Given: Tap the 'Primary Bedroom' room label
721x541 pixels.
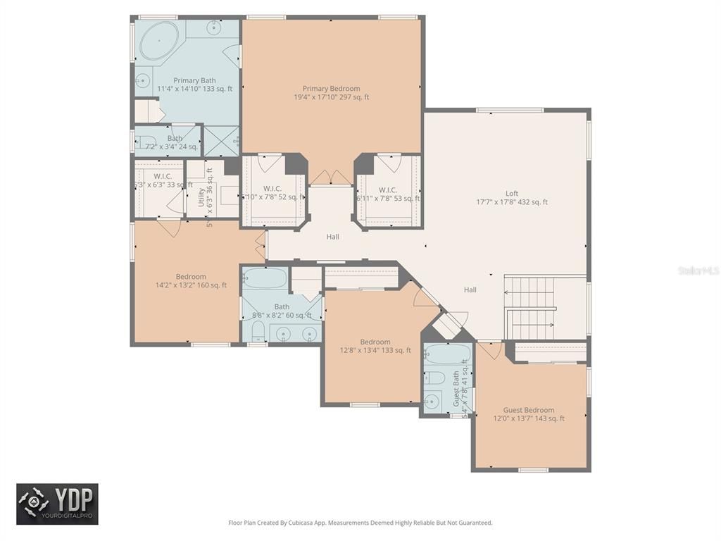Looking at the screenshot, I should point(331,89).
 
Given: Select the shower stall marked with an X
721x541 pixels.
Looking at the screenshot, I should point(220,140).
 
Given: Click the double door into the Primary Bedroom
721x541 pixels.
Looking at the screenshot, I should point(330,178).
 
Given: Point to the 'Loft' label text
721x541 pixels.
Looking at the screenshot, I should point(511,194).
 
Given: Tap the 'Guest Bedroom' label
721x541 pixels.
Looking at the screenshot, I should point(528,410).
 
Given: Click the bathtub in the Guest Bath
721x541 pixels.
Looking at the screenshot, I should point(446,356).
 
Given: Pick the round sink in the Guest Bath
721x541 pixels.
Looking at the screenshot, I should point(432,402).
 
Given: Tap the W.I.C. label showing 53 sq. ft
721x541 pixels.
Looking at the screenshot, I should point(387,190).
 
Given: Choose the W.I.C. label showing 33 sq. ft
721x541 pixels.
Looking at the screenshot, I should point(163,176).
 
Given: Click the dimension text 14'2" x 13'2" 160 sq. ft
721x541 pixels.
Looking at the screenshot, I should point(191,285).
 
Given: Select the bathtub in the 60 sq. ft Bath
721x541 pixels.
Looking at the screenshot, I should point(265,278).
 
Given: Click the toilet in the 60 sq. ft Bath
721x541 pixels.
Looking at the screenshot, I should point(256,332).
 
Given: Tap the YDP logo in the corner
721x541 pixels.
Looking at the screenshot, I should point(58,504).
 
